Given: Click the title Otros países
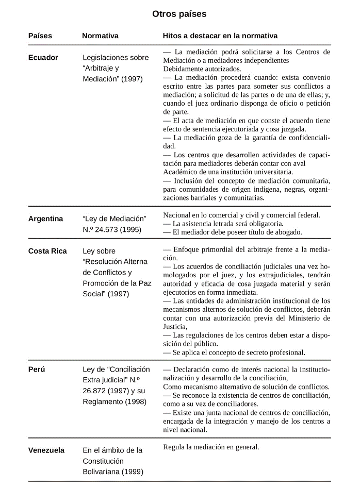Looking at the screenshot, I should (x=179, y=14).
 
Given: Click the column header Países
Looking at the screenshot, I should (x=40, y=36).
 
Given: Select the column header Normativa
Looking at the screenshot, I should (x=100, y=36).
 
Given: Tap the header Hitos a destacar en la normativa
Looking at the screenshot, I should (x=220, y=36).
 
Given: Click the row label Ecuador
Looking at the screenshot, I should (x=43, y=58).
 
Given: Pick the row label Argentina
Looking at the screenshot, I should (x=46, y=218).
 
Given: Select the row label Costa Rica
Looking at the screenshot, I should (x=47, y=251).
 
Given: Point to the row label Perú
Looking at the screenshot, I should (x=37, y=369).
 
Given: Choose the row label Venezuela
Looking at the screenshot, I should (x=46, y=450).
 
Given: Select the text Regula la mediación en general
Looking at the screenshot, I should (x=211, y=447).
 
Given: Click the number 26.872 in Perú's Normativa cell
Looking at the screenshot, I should (x=95, y=391).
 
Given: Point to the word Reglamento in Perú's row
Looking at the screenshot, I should (x=104, y=401).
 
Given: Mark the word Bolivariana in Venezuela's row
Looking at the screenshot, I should (x=101, y=472).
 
